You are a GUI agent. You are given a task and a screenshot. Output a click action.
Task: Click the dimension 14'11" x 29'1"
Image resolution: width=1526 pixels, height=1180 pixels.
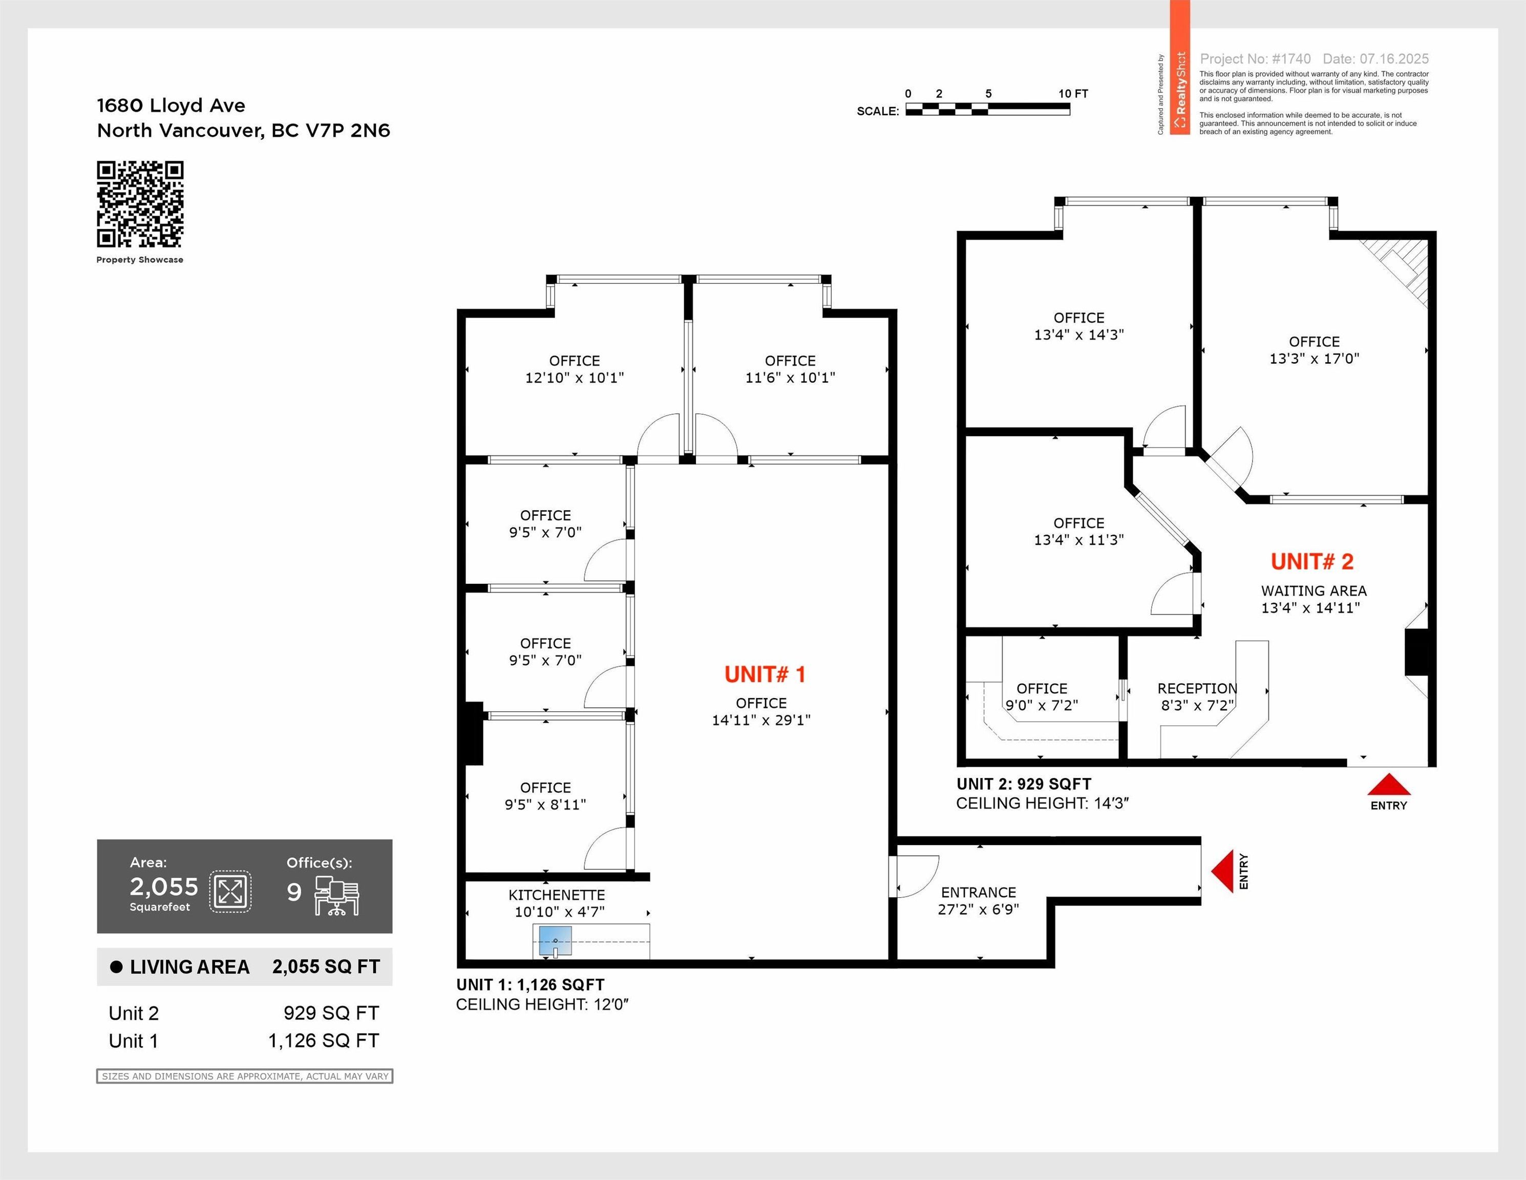tap(761, 720)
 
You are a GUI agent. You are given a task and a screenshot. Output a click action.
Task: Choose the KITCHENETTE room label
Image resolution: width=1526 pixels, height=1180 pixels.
tap(556, 895)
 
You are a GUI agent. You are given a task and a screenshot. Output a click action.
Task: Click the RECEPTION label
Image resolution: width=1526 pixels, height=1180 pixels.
tap(1197, 688)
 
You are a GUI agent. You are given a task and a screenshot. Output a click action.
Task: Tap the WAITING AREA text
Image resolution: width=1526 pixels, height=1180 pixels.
tap(1313, 591)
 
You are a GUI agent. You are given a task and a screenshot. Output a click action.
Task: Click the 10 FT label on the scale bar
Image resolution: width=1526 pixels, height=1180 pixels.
tap(1072, 94)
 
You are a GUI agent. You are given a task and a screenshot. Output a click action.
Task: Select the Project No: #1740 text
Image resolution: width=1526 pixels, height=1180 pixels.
tap(1255, 59)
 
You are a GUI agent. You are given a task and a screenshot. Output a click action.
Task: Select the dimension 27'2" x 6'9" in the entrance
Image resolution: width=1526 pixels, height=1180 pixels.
tap(978, 909)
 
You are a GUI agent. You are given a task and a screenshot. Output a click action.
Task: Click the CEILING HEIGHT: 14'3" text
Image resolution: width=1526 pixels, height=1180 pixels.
tap(1042, 804)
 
